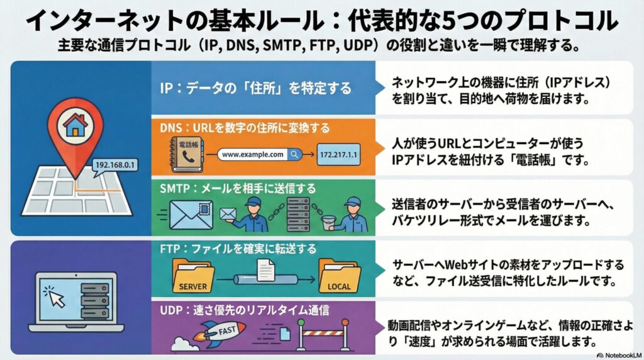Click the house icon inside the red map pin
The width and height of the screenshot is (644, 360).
(x=75, y=126)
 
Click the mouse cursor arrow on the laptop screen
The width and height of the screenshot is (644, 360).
(x=55, y=296)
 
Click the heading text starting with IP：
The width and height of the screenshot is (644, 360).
(x=255, y=87)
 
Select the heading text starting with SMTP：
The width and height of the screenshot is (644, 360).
(x=237, y=188)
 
